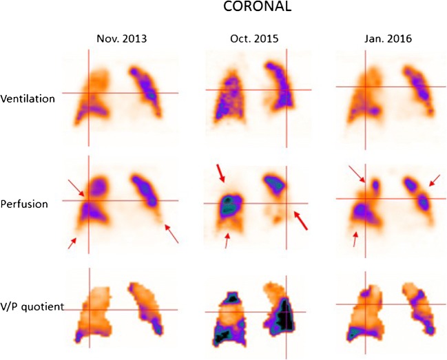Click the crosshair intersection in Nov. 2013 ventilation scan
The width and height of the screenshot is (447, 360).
pos(89,92)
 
